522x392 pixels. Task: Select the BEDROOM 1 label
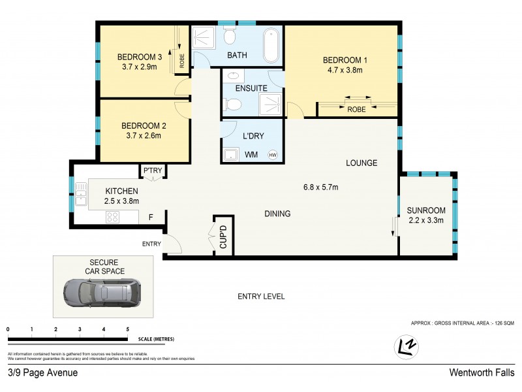345,61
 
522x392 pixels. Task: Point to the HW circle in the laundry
273,155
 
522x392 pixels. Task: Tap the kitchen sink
81,195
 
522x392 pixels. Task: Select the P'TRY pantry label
152,171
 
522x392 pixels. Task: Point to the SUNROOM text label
425,210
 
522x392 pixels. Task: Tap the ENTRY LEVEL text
260,297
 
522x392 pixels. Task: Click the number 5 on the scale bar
128,329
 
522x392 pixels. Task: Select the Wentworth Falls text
482,372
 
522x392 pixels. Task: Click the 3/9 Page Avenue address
42,372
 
